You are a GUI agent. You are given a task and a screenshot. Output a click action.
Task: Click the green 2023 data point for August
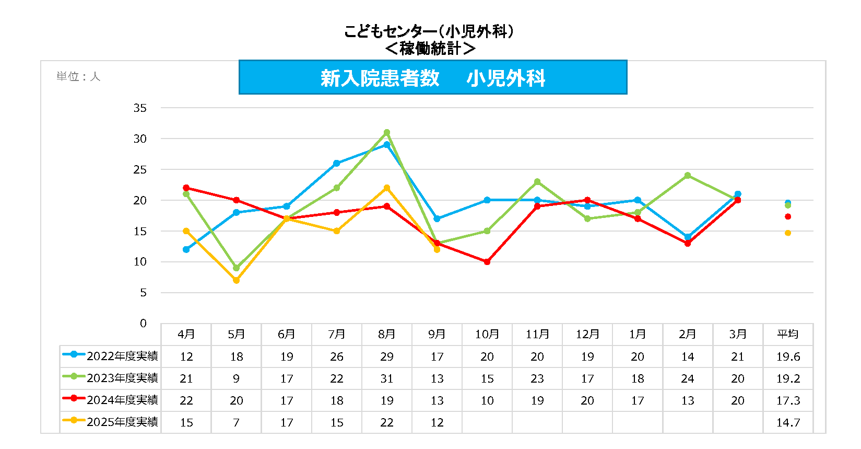(x=386, y=132)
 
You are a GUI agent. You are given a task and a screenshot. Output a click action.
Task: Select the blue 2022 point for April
(x=186, y=249)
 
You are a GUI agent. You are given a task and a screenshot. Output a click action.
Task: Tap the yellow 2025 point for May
(x=236, y=280)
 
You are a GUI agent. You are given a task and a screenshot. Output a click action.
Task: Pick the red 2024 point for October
(x=487, y=262)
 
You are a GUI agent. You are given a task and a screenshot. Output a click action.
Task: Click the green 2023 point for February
(x=687, y=176)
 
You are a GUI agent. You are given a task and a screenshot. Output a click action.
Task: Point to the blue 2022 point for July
(x=336, y=163)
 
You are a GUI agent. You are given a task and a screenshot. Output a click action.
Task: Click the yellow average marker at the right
(x=787, y=233)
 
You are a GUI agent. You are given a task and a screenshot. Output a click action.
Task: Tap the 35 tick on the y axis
(x=140, y=108)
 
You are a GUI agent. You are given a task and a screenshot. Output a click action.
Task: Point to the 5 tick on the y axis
(x=143, y=293)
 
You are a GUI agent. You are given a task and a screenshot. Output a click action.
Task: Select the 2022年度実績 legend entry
(x=110, y=356)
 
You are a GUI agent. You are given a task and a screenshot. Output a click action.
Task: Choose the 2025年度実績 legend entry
(x=110, y=422)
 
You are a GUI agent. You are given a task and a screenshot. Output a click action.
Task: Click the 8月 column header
(x=386, y=334)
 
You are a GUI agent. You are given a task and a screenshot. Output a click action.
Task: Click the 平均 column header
(x=787, y=334)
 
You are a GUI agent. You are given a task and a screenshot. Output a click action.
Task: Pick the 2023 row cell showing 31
(x=386, y=378)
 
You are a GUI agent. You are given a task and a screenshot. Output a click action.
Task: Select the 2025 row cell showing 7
(x=236, y=422)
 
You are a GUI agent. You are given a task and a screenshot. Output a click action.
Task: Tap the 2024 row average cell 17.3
(x=787, y=400)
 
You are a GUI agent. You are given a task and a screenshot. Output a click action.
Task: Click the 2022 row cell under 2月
(x=687, y=356)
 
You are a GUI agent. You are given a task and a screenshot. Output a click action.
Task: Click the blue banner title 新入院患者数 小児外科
(x=432, y=78)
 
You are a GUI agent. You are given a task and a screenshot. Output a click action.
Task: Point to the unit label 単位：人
(x=78, y=77)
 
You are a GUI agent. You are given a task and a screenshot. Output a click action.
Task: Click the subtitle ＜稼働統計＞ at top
(x=430, y=49)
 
